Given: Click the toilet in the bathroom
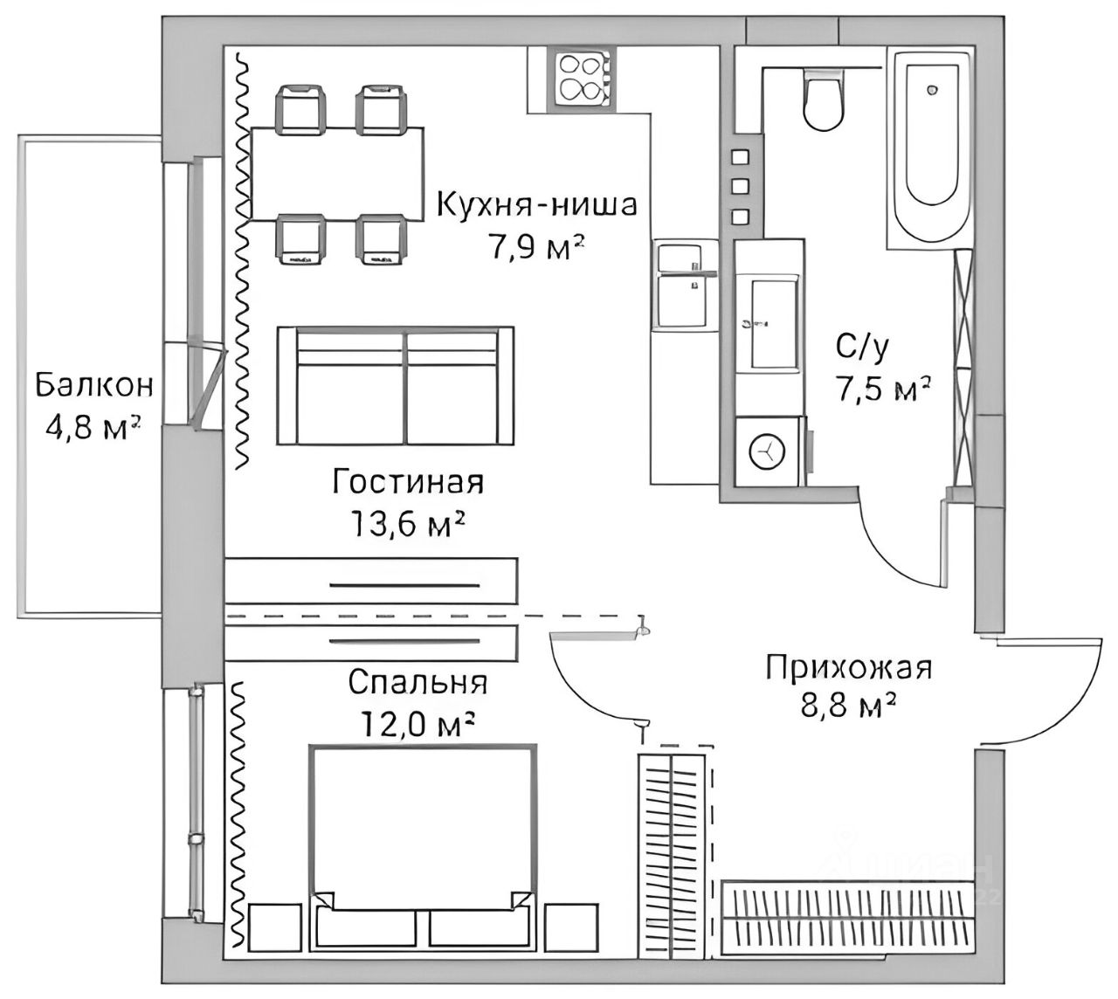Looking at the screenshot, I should coord(824,101).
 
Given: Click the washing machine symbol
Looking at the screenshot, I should coord(768,451).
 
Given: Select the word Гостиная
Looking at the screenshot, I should coord(408,481).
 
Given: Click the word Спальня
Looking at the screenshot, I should coord(417,682).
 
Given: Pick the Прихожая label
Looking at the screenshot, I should coord(849,668).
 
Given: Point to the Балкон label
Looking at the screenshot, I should coord(94,384).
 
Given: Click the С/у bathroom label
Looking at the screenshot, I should coord(863,349).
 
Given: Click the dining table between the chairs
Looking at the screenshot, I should coord(337,173).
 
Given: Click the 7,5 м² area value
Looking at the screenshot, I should coord(882,390).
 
